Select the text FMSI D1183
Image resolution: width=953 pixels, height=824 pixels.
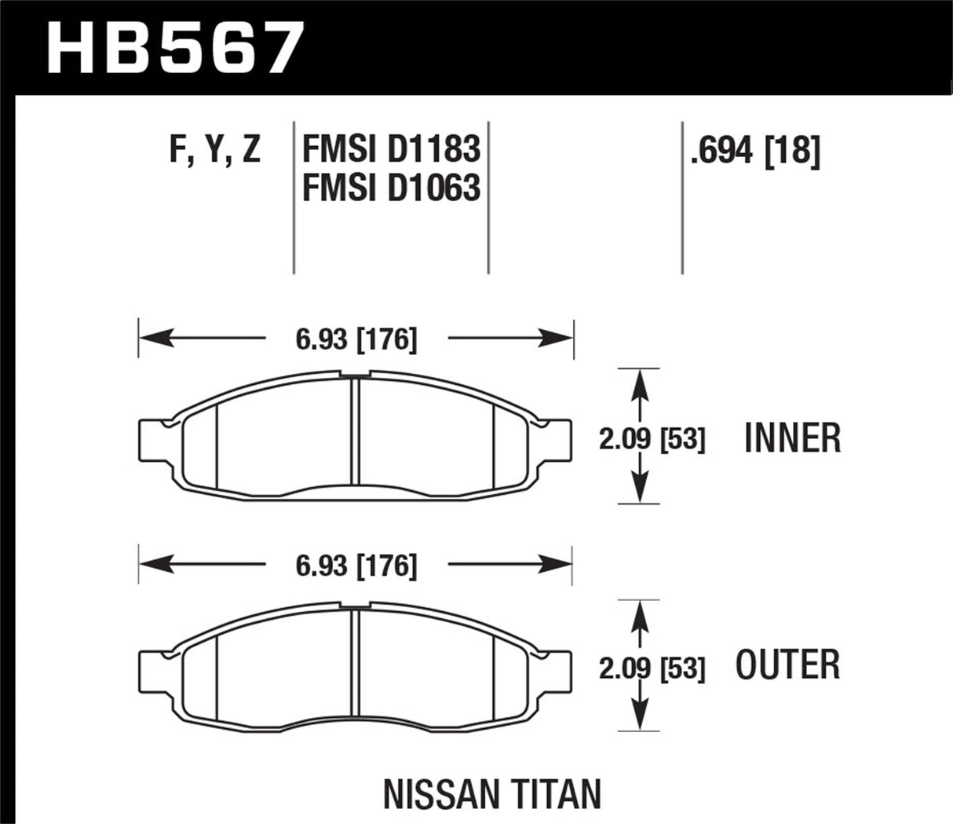click(390, 149)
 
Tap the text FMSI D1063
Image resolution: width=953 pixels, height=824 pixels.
click(390, 188)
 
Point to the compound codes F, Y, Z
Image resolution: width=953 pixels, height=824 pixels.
click(214, 149)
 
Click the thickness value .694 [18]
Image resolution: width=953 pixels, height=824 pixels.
click(754, 149)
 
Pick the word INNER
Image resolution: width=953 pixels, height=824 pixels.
click(792, 438)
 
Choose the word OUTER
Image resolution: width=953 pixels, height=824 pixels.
click(787, 665)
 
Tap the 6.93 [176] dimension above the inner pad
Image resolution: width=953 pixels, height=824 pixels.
click(356, 339)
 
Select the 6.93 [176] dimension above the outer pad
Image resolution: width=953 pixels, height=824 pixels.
click(356, 566)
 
